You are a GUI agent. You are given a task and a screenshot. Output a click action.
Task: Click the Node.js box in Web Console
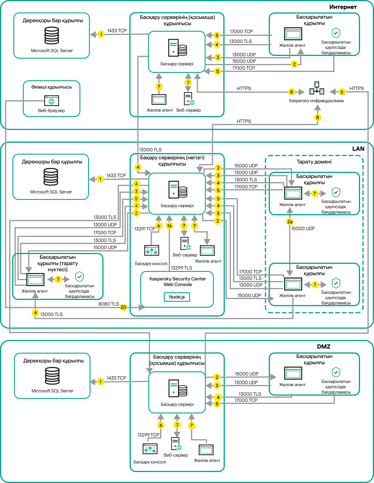pyautogui.click(x=177, y=297)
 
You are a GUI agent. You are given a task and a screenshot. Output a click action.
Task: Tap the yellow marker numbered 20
pyautogui.click(x=123, y=307)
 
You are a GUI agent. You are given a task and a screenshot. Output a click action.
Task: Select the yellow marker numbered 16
pyautogui.click(x=169, y=226)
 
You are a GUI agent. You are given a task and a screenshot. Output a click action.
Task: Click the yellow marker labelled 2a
pyautogui.click(x=290, y=222)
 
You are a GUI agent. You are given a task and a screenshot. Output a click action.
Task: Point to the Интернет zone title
pyautogui.click(x=343, y=7)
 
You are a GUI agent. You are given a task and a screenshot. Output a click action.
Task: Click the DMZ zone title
pyautogui.click(x=324, y=346)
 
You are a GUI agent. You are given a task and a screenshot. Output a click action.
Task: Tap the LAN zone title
pyautogui.click(x=358, y=149)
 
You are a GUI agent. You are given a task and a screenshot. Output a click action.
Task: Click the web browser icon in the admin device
pyautogui.click(x=52, y=101)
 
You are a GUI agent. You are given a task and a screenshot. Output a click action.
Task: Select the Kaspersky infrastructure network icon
pyautogui.click(x=317, y=88)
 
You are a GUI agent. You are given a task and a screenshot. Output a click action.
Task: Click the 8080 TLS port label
pyautogui.click(x=109, y=304)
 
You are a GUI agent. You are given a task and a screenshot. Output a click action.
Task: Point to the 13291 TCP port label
pyautogui.click(x=144, y=229)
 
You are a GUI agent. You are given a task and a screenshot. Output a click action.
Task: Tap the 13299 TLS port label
pyautogui.click(x=182, y=268)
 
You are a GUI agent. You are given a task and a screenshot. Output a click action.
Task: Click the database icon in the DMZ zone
pyautogui.click(x=52, y=376)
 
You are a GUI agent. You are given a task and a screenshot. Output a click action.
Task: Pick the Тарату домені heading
pyautogui.click(x=314, y=162)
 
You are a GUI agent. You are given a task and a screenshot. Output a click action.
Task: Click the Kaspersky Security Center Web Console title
pyautogui.click(x=178, y=282)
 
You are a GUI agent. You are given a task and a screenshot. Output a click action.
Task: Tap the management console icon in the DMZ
pyautogui.click(x=150, y=449)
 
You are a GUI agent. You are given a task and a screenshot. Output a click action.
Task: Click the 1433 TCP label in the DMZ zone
pyautogui.click(x=116, y=378)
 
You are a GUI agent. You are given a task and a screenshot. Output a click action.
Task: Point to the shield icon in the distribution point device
pyautogui.click(x=79, y=277)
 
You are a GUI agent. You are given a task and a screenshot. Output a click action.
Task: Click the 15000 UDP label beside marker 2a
pyautogui.click(x=303, y=228)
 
